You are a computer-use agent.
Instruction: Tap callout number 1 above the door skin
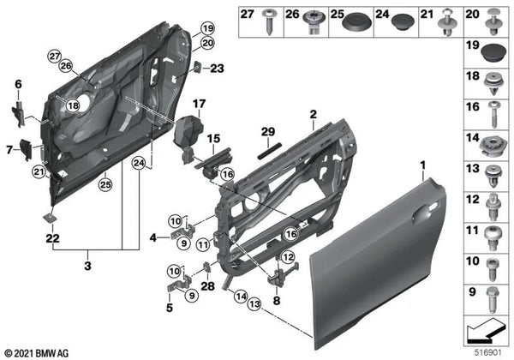421,163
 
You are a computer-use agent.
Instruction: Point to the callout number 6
17,83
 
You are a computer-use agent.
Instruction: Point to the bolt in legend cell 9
495,300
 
